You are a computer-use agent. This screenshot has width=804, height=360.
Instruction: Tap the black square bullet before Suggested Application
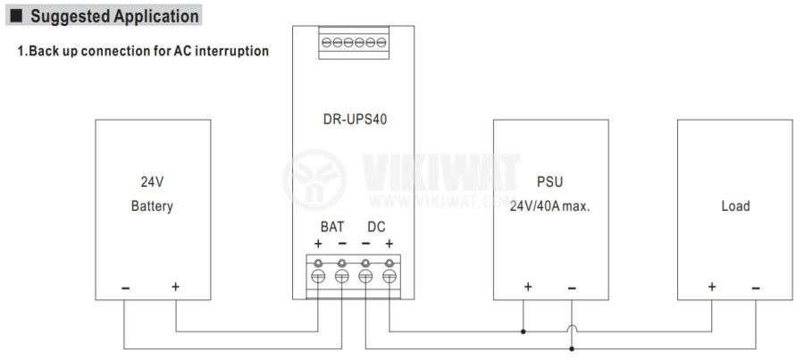point(15,16)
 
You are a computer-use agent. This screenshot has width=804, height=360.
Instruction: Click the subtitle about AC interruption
point(143,51)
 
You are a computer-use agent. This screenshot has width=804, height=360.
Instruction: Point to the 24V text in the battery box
point(152,182)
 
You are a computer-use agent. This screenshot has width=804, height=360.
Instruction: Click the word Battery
point(152,206)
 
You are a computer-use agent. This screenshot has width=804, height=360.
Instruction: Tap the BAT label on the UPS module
point(332,227)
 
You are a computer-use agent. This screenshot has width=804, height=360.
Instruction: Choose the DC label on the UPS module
point(376,227)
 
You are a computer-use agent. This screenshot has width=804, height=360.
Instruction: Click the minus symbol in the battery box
point(125,288)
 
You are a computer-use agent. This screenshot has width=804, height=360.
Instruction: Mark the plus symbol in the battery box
point(175,288)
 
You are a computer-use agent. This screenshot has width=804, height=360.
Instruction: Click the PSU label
point(549,182)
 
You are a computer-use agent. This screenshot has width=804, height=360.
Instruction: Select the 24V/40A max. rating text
point(550,206)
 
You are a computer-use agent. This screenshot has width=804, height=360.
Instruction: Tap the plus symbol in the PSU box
point(527,288)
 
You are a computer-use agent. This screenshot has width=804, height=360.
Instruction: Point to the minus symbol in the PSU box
point(572,288)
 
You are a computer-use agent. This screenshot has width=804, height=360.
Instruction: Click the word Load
point(735,206)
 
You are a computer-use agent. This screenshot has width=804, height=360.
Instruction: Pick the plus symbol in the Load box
point(712,288)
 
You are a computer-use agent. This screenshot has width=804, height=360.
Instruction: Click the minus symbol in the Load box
point(756,288)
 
